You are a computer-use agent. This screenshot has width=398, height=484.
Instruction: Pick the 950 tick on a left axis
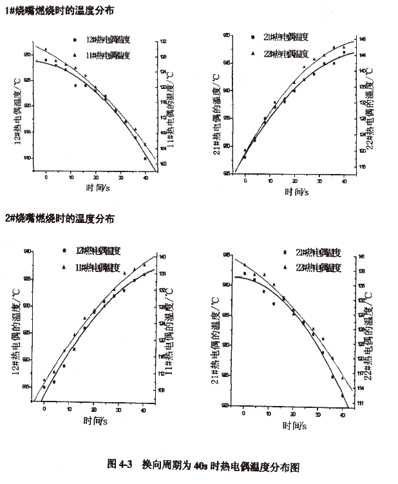[x=227, y=36]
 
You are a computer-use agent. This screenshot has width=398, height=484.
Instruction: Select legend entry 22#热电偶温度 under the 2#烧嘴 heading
[x=316, y=266]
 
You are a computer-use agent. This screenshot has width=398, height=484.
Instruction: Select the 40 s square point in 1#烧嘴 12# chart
[x=145, y=159]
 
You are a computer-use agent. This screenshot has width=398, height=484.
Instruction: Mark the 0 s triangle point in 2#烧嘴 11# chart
[x=44, y=380]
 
